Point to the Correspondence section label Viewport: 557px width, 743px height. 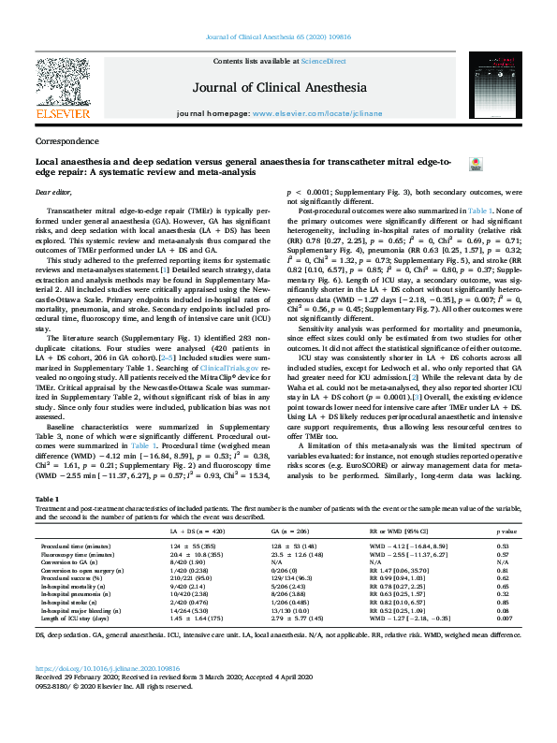pyautogui.click(x=66, y=141)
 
